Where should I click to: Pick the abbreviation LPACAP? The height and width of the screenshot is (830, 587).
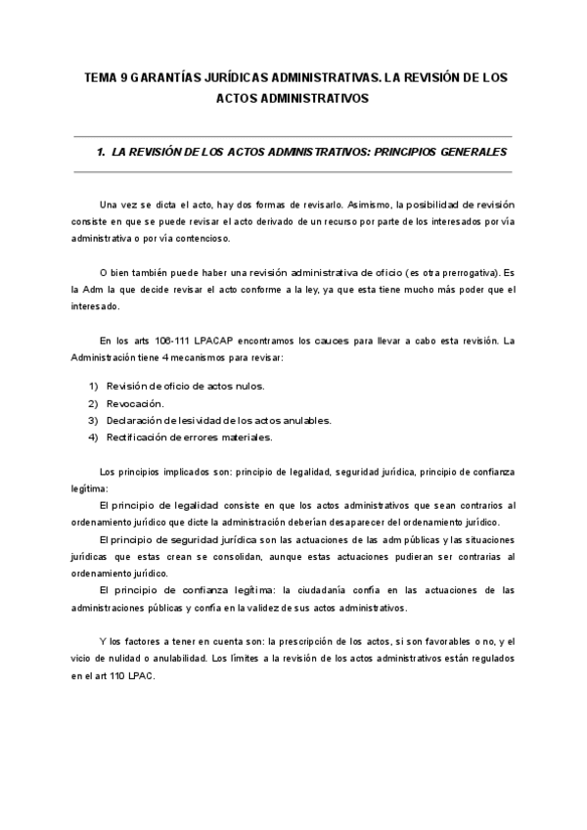(x=204, y=342)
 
